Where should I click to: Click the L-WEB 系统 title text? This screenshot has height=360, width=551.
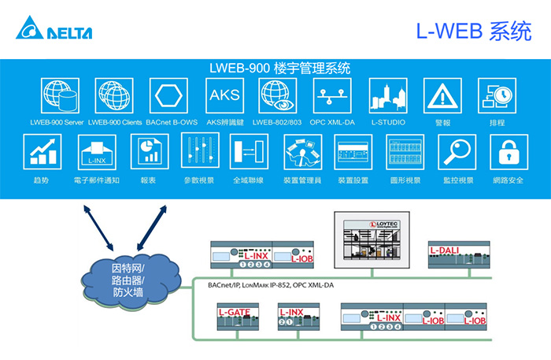pos(474,31)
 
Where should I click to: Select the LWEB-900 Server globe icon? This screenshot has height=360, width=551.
pos(57,96)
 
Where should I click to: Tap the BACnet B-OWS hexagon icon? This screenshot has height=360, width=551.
pos(167,96)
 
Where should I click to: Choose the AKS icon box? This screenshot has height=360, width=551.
pos(221,96)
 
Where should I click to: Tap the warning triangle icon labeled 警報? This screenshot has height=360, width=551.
pos(442,96)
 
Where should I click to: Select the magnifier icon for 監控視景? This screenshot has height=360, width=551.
pos(457,150)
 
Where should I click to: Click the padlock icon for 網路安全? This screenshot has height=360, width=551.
pos(508,150)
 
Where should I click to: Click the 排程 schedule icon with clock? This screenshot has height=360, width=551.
pos(497,96)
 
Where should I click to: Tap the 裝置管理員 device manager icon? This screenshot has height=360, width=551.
pos(302,150)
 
